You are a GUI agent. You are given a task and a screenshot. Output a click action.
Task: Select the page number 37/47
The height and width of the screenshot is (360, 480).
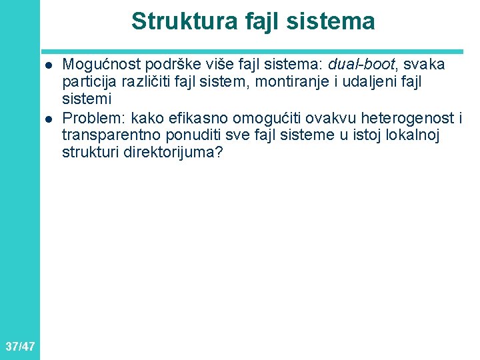pyautogui.click(x=19, y=346)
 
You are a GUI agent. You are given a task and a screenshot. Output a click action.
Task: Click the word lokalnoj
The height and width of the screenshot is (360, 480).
pyautogui.click(x=371, y=136)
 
